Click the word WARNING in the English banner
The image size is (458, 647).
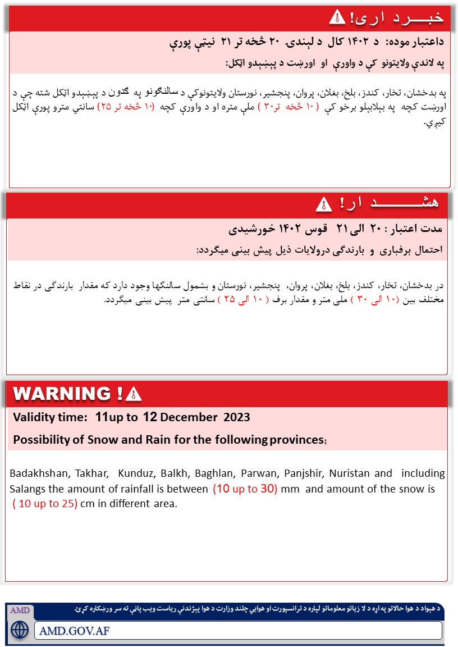click(62, 394)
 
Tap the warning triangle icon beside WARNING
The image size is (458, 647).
click(134, 394)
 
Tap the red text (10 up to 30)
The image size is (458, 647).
click(245, 489)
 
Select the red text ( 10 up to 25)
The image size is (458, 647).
click(44, 503)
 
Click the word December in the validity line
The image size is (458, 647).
click(188, 417)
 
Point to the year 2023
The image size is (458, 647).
click(237, 417)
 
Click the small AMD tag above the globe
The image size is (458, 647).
click(20, 610)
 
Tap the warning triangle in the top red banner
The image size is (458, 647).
click(336, 17)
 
